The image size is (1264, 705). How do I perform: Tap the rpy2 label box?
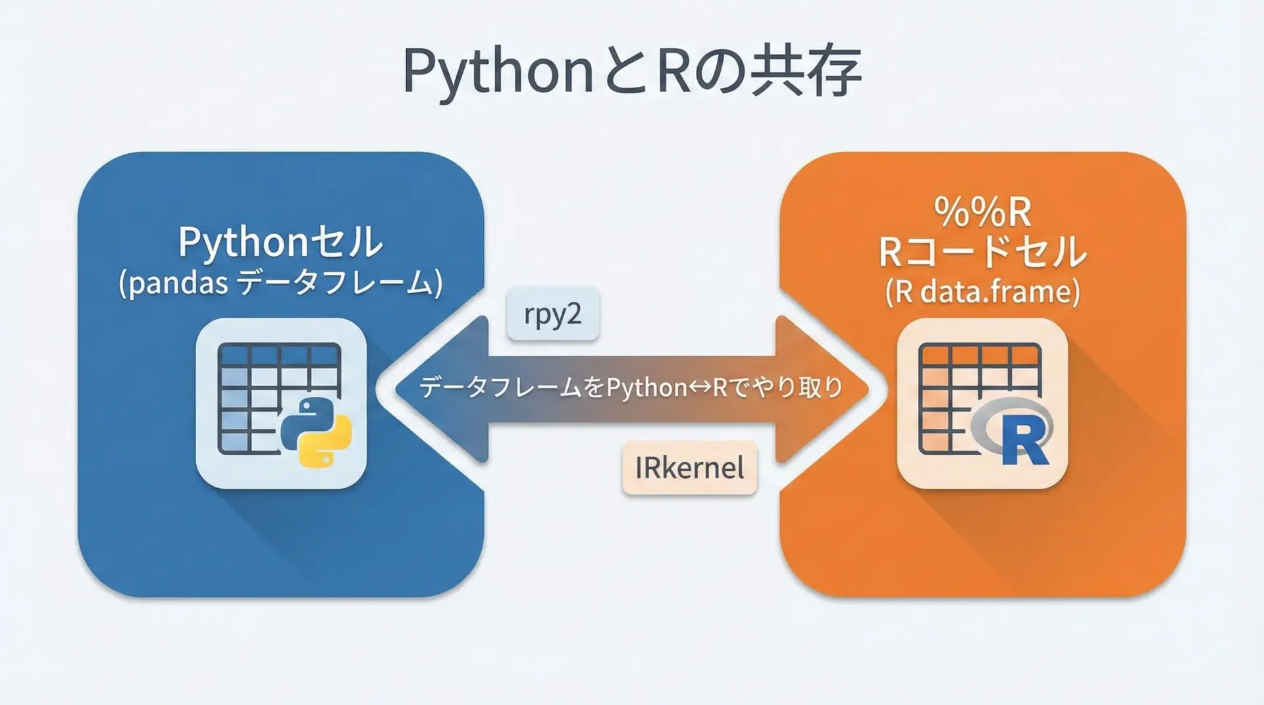point(553,314)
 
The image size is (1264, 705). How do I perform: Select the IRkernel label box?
point(689,468)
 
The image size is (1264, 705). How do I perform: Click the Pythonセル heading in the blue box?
point(280,242)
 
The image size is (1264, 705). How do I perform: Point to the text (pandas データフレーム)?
point(280,284)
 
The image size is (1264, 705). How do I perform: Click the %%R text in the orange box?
point(982,212)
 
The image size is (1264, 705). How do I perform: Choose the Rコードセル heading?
point(982,252)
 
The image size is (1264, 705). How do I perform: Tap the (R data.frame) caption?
point(982,291)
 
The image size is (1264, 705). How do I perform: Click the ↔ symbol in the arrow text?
point(691,388)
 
